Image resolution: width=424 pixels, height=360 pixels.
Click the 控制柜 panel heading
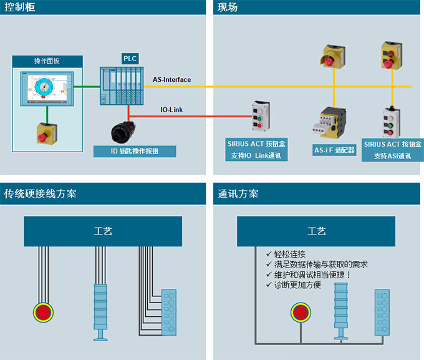(x=18, y=7)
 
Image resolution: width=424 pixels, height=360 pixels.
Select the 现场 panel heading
(x=228, y=7)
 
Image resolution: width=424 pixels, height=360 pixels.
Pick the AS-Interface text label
(x=171, y=80)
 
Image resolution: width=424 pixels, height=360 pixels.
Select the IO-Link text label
(x=171, y=110)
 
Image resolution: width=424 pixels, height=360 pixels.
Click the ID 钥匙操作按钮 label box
(x=134, y=151)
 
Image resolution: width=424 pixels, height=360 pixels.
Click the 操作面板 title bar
(x=47, y=61)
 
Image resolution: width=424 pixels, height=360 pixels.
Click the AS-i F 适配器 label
(x=334, y=150)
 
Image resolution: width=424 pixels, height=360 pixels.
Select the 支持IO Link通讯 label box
(x=258, y=149)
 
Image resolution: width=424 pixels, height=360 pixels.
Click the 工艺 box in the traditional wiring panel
(x=103, y=231)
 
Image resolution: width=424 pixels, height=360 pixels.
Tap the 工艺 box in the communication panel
(x=317, y=231)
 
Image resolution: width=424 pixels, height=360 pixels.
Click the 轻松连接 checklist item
(x=290, y=255)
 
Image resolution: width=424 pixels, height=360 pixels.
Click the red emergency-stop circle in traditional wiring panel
(x=44, y=311)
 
